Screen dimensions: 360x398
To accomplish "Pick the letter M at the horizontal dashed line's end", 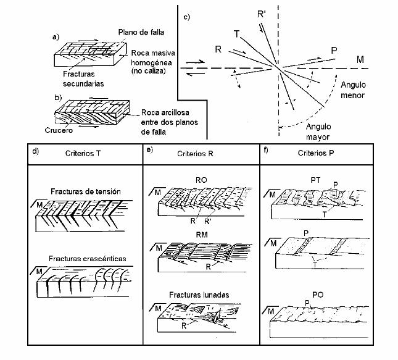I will click(x=359, y=59).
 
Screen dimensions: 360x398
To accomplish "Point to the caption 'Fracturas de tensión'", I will click(x=86, y=192).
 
